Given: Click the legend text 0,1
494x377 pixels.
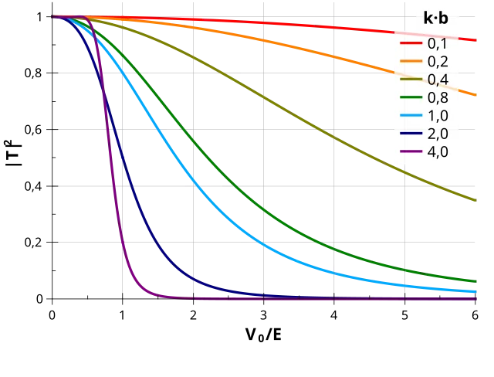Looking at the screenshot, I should click(x=438, y=44).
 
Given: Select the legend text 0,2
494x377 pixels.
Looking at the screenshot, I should click(x=438, y=62).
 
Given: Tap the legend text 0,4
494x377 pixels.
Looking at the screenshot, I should click(x=438, y=80).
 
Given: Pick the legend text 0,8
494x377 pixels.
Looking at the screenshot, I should click(x=438, y=97).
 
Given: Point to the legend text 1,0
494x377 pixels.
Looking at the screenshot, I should click(x=438, y=116).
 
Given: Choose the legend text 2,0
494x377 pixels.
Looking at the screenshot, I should click(x=438, y=134).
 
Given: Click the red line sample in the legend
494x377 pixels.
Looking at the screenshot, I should click(x=409, y=44).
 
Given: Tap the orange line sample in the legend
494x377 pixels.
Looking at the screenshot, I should click(x=409, y=62).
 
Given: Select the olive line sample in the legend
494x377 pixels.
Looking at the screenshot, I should click(x=409, y=80).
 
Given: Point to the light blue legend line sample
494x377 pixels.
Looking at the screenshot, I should click(x=409, y=116).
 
